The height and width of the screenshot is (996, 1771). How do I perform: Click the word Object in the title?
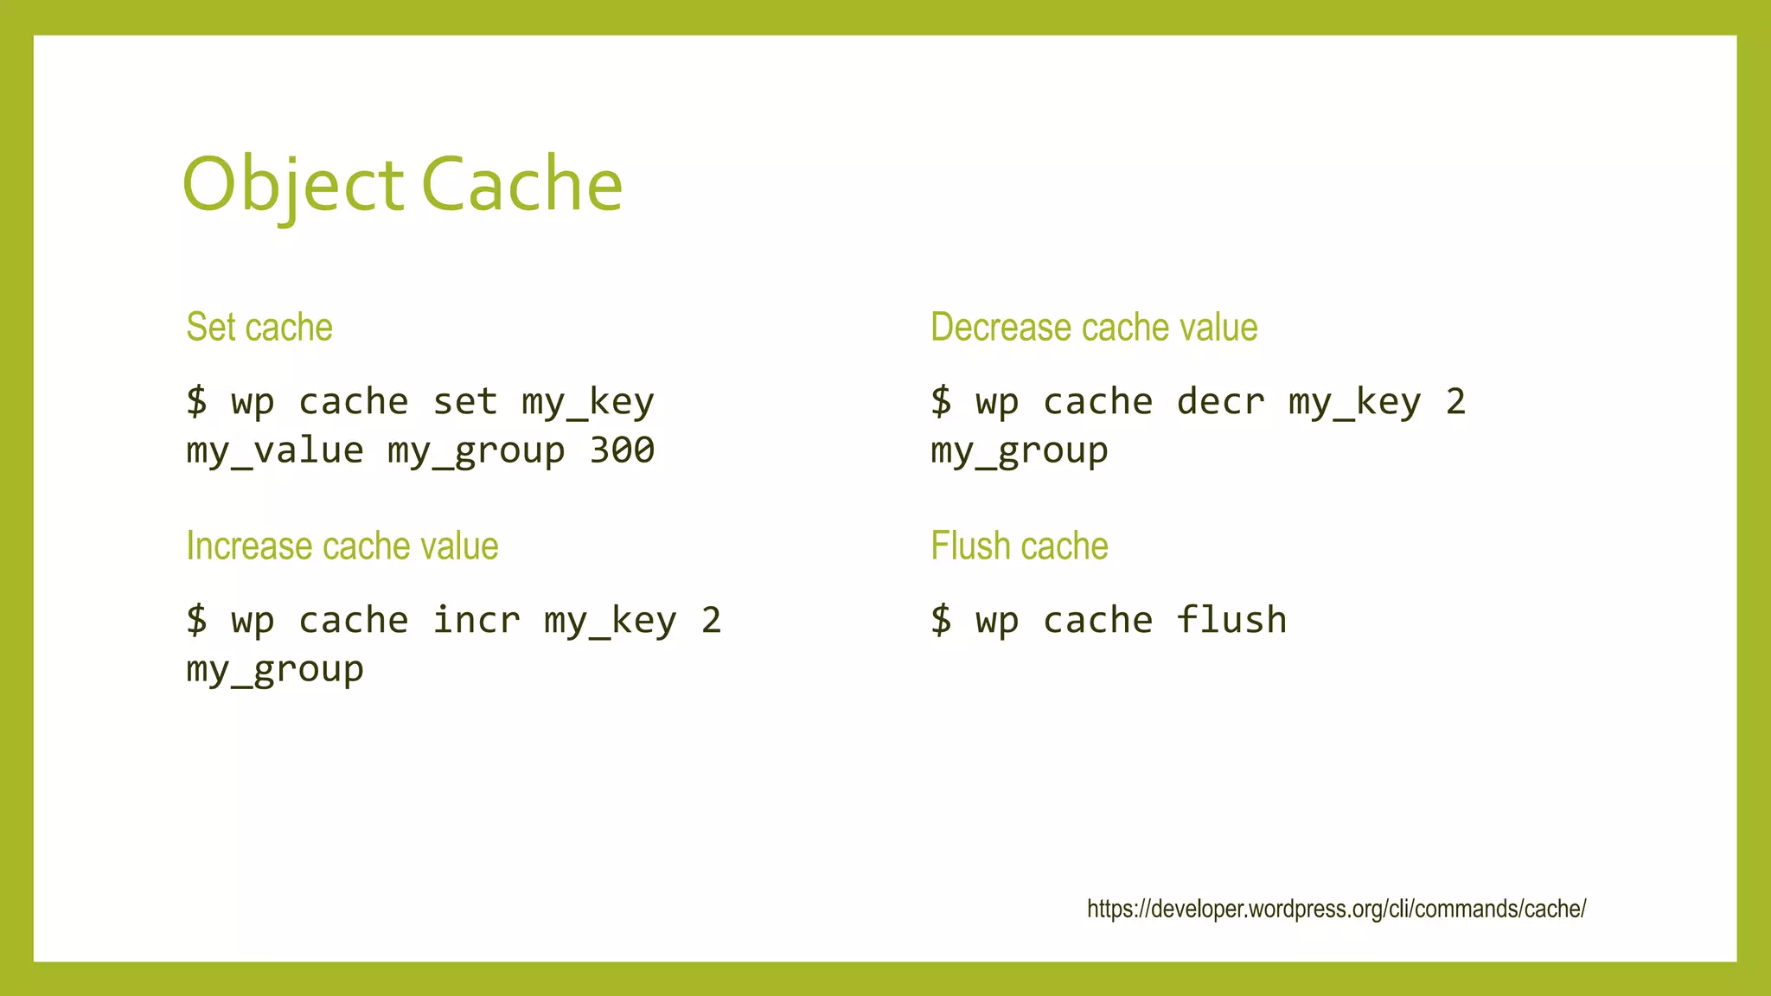(292, 185)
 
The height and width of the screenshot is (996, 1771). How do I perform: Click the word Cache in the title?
(522, 185)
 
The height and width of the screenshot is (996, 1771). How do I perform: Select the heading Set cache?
(259, 328)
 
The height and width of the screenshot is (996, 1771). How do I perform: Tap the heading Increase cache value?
(342, 546)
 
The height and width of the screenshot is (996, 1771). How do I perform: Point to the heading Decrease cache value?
(1094, 328)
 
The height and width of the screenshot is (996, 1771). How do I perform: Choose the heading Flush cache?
(1020, 546)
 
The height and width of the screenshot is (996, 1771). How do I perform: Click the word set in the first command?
(465, 402)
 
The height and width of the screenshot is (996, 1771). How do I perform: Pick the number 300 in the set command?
(622, 450)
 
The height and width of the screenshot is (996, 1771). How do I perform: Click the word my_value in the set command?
(275, 450)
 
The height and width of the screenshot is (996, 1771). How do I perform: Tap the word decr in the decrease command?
(1221, 402)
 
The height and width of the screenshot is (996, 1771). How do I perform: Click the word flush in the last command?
(1231, 621)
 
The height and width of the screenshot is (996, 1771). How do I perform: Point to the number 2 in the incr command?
(711, 621)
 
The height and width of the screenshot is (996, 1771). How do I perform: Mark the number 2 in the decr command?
(1455, 402)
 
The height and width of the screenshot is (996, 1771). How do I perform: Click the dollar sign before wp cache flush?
(941, 621)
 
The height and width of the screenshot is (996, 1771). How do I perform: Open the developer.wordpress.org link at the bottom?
(1336, 909)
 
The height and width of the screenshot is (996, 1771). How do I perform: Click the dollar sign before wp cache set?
(196, 402)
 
